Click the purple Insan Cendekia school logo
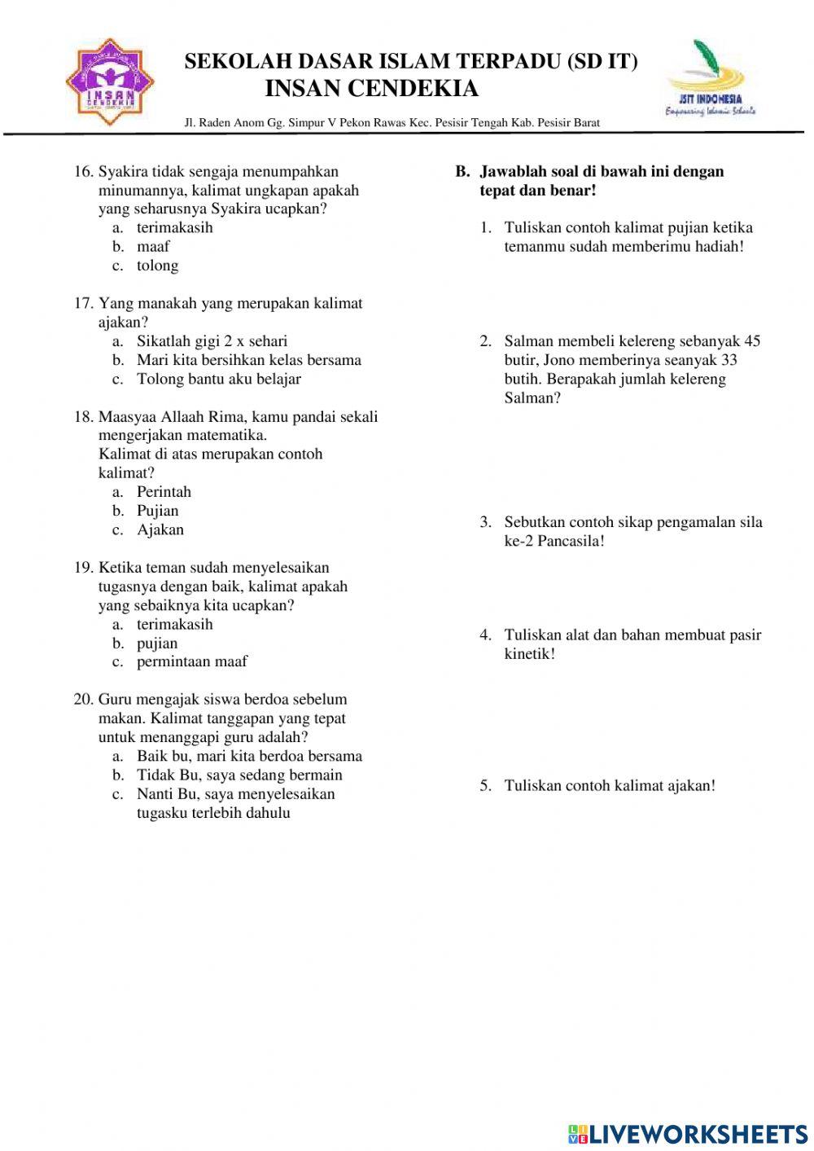(x=110, y=82)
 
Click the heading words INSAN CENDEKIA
(x=371, y=88)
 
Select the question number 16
(x=84, y=172)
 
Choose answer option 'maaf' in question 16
(x=153, y=247)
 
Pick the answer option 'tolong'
(x=157, y=266)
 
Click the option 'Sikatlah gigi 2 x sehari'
(x=212, y=341)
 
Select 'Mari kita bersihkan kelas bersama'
(x=248, y=360)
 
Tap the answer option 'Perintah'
(x=164, y=492)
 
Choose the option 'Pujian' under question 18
(x=157, y=511)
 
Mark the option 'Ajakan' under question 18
(x=160, y=529)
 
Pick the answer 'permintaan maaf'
(x=191, y=661)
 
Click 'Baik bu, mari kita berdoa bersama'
(x=249, y=756)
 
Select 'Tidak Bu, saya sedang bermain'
(x=239, y=775)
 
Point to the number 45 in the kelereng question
(x=752, y=341)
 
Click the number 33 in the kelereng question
(x=729, y=360)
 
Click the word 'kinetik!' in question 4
(x=529, y=654)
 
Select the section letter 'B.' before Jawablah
(x=462, y=172)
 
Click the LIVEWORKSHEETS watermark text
(x=698, y=1134)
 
